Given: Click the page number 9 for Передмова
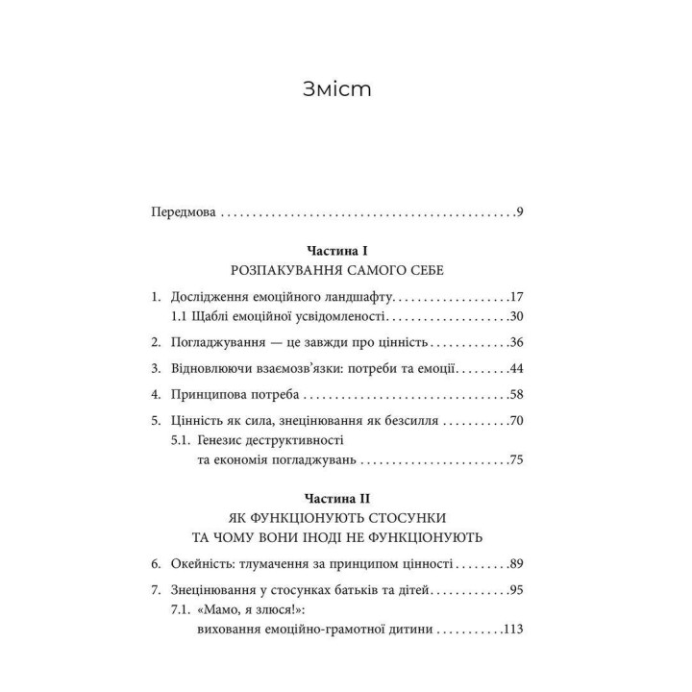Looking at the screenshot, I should [x=518, y=211].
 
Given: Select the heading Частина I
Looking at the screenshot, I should [x=345, y=250].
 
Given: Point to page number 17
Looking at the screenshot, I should [x=514, y=296].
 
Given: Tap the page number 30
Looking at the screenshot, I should [x=514, y=316].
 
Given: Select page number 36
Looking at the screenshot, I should [x=514, y=342].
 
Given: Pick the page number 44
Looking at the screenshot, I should [x=514, y=368].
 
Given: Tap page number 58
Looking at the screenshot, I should [x=514, y=394].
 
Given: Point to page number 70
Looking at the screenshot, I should [x=514, y=420].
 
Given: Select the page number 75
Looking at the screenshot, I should [x=514, y=460].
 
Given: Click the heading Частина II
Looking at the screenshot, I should [x=345, y=499].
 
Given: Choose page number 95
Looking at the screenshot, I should [x=514, y=590].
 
